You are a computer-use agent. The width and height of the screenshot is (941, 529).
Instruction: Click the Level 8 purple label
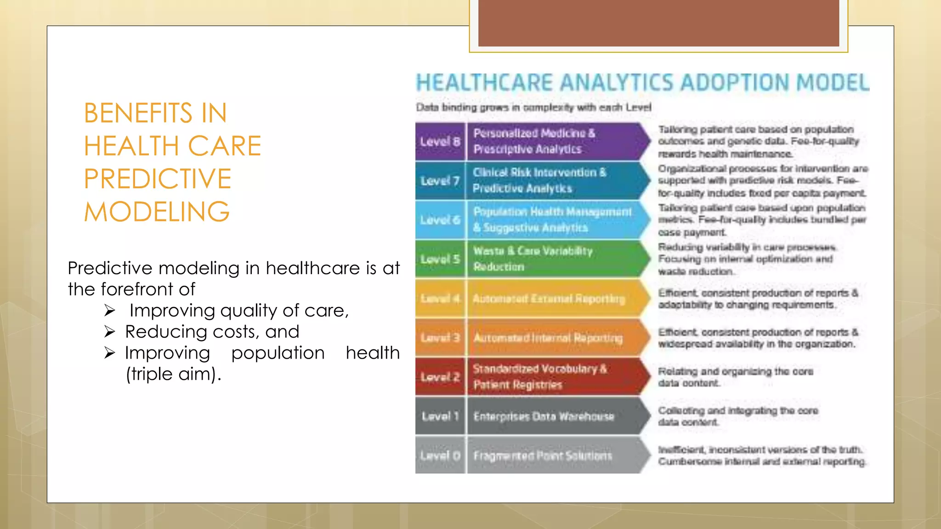point(440,141)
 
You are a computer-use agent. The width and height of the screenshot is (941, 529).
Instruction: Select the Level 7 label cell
point(440,181)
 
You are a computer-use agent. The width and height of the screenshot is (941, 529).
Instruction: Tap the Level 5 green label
point(440,259)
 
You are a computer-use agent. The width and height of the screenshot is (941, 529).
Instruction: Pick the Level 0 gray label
point(440,456)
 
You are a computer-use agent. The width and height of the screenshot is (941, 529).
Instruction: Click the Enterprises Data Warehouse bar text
point(544,416)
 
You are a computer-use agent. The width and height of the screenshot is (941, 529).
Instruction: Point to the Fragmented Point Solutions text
point(543,456)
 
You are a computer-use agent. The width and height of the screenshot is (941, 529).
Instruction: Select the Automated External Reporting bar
point(549,298)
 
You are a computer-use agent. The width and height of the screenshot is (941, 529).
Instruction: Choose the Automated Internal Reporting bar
point(548,338)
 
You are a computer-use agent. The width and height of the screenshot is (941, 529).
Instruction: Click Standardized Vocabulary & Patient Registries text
point(540,377)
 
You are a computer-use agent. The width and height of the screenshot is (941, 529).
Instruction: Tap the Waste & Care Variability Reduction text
point(533,259)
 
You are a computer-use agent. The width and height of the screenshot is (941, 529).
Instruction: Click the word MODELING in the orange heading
point(157,212)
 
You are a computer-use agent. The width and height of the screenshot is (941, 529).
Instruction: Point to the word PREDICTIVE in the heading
point(157,179)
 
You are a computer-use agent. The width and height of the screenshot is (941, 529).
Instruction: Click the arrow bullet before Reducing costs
point(109,331)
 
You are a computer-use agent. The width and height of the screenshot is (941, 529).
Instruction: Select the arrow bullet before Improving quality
point(109,310)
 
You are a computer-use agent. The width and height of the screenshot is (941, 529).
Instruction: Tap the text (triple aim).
point(173,374)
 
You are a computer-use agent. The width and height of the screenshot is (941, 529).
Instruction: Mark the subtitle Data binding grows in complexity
point(533,107)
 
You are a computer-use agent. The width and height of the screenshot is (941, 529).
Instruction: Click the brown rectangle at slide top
point(658,23)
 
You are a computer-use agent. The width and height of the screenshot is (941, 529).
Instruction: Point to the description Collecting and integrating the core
point(737,411)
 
